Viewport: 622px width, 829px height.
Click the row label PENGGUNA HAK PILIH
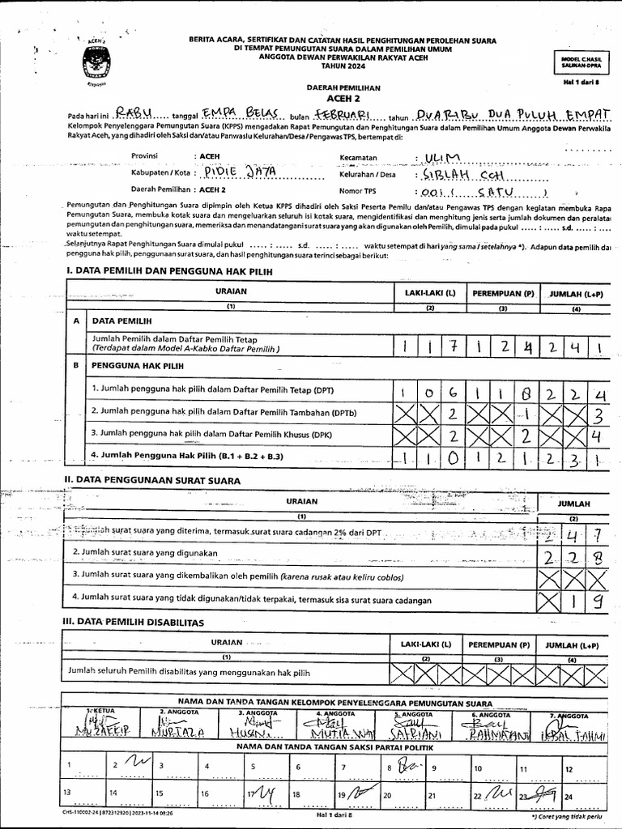136,366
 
